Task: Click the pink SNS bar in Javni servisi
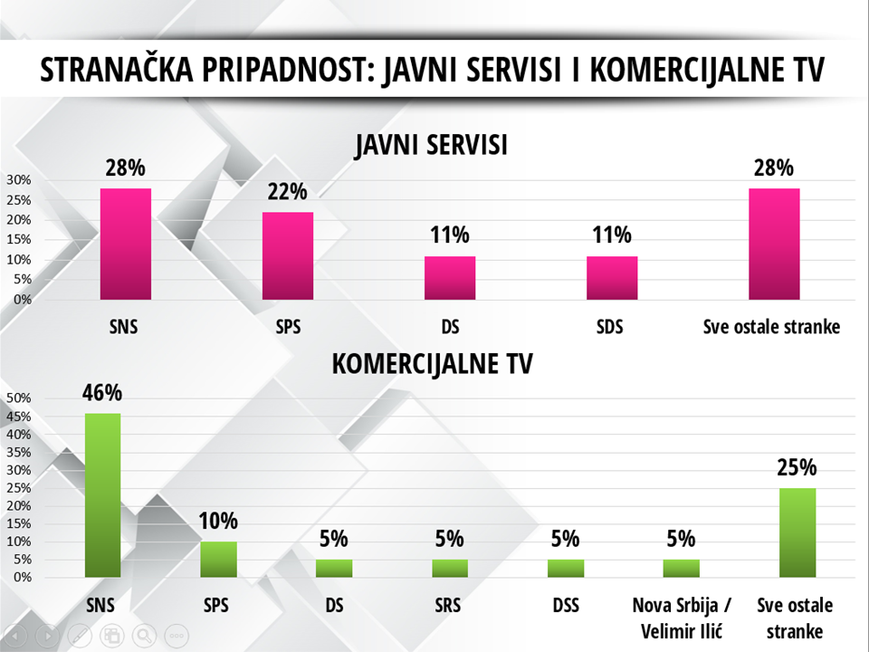pyautogui.click(x=125, y=244)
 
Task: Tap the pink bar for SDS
pyautogui.click(x=612, y=277)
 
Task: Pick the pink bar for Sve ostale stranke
pyautogui.click(x=774, y=244)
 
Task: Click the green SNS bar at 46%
pyautogui.click(x=102, y=494)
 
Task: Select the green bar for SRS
pyautogui.click(x=450, y=568)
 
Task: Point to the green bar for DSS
pyautogui.click(x=566, y=568)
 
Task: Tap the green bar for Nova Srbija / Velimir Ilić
pyautogui.click(x=682, y=568)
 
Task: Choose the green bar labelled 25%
pyautogui.click(x=797, y=532)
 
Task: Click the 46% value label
pyautogui.click(x=102, y=393)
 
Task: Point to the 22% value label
pyautogui.click(x=288, y=191)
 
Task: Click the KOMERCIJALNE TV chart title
pyautogui.click(x=433, y=364)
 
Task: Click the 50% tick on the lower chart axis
pyautogui.click(x=19, y=398)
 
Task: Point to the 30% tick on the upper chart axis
pyautogui.click(x=19, y=180)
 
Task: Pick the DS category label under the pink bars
pyautogui.click(x=450, y=327)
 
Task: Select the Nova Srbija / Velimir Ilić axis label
pyautogui.click(x=682, y=617)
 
